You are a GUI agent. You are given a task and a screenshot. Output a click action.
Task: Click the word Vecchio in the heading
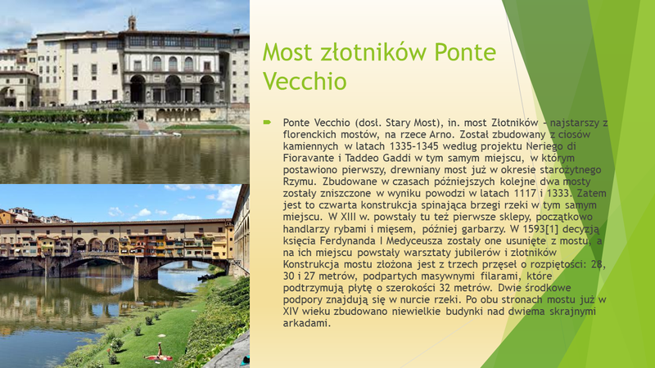coord(305,81)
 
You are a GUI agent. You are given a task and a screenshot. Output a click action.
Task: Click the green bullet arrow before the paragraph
coord(267,122)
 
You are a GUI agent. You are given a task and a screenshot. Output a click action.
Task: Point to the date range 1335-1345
coord(414,146)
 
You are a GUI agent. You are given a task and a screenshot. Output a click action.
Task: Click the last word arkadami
coord(306,323)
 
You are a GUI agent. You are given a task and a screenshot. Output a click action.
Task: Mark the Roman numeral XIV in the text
coord(291,312)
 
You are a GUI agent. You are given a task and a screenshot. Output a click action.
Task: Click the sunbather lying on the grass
coord(158,353)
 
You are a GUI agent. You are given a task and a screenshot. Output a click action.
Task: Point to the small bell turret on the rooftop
coord(132,23)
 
